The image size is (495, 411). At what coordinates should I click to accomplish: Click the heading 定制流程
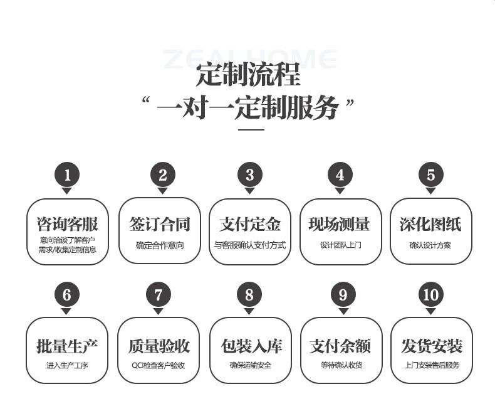(x=248, y=75)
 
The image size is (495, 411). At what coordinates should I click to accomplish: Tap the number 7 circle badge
(x=159, y=295)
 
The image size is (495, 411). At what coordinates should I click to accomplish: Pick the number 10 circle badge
(x=431, y=295)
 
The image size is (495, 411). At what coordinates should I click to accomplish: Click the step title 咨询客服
(x=68, y=224)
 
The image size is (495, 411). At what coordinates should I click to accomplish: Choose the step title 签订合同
(x=159, y=224)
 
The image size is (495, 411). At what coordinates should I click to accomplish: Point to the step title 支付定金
(x=250, y=224)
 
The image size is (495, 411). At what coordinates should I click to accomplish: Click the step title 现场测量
(x=340, y=224)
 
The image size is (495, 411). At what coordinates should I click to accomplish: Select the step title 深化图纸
(x=430, y=224)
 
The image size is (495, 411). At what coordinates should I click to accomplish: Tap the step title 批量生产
(x=68, y=345)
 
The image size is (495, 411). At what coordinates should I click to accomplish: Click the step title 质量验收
(x=159, y=345)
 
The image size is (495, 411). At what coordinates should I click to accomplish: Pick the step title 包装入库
(x=250, y=345)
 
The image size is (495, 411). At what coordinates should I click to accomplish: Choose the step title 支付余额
(x=340, y=345)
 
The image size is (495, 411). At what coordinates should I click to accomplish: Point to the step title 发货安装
(x=431, y=345)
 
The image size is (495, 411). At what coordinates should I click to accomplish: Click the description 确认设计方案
(x=430, y=245)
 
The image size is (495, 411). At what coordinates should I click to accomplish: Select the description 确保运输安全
(x=250, y=365)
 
